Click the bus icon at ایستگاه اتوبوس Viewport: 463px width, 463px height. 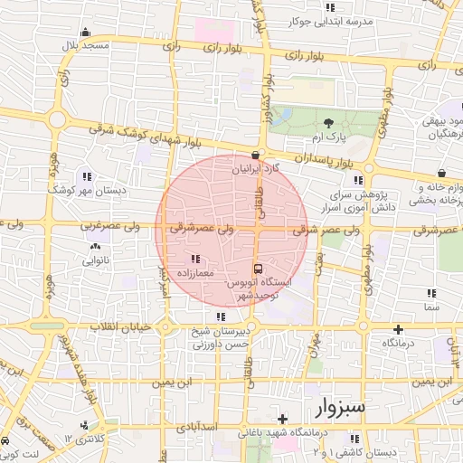[260, 269]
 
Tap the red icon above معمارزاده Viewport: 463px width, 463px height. [197, 259]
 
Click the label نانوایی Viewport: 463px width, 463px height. [96, 260]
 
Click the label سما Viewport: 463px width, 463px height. [430, 307]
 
